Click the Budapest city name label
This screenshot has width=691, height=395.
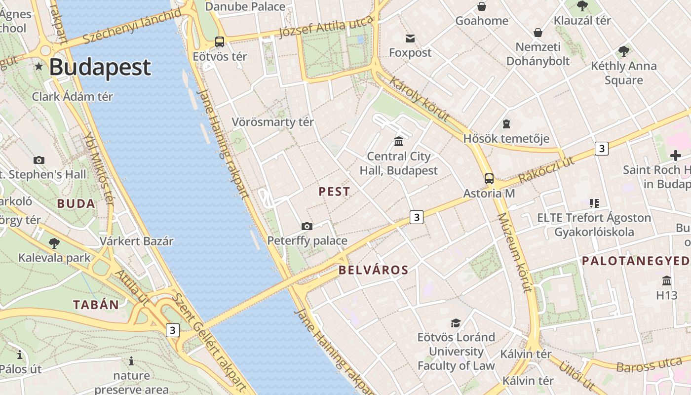(100, 67)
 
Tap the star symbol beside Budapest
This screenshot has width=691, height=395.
(38, 66)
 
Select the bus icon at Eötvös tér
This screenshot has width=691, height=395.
(220, 42)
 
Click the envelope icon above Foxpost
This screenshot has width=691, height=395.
(410, 39)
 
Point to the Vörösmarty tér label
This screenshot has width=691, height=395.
(273, 122)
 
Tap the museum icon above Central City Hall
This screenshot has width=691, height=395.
(399, 142)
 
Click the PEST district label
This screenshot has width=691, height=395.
(334, 192)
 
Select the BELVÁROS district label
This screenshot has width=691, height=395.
(374, 270)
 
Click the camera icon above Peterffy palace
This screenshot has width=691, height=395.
(307, 226)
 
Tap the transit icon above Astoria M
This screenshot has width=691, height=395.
(489, 179)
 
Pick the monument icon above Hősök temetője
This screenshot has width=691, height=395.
(506, 124)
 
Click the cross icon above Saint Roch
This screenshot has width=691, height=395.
(675, 156)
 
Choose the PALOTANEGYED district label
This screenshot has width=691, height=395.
(636, 261)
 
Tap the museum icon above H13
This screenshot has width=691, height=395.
(667, 280)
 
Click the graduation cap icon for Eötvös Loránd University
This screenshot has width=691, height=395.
(456, 323)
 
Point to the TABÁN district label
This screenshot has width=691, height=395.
(96, 305)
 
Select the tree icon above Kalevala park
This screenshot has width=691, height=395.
(54, 243)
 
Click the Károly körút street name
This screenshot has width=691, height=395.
(419, 99)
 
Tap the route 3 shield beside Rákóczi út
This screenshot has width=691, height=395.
(601, 148)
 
